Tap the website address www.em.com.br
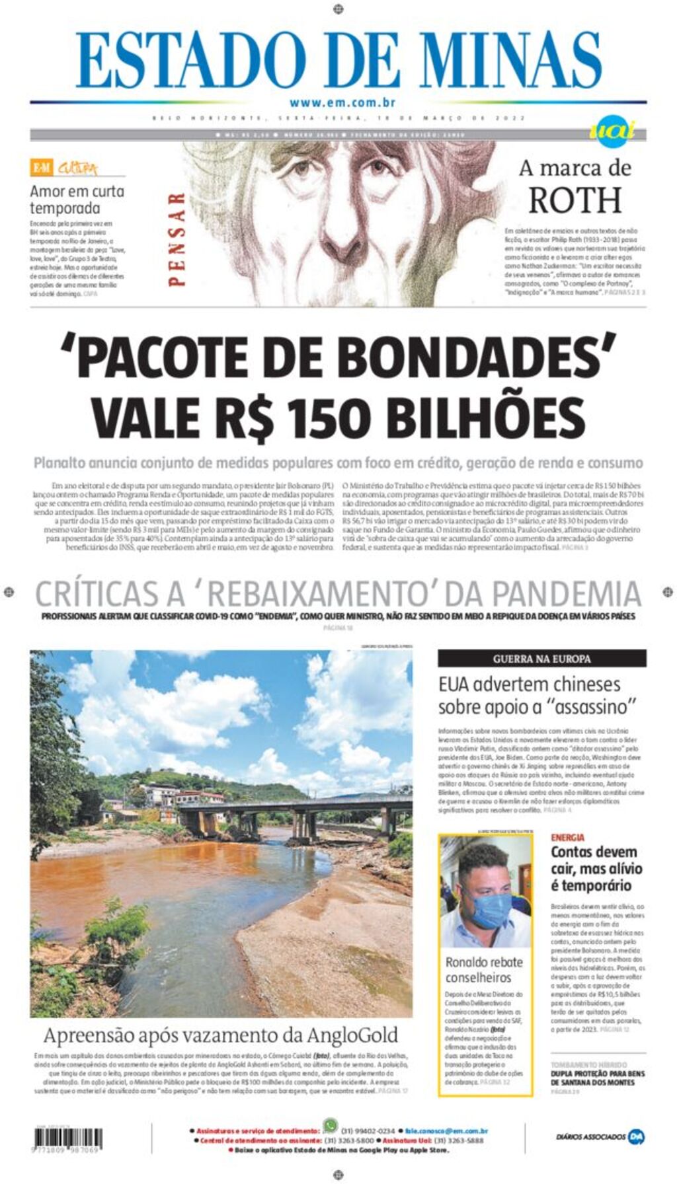[342, 102]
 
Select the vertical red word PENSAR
[176, 239]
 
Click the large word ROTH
[575, 200]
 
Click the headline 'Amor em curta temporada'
[77, 200]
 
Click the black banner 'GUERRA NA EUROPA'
[541, 659]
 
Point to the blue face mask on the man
[491, 909]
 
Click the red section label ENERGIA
[567, 838]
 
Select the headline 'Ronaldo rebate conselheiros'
[484, 969]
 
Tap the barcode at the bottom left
[68, 1138]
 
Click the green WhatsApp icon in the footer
[330, 1125]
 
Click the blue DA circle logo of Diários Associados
[636, 1136]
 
